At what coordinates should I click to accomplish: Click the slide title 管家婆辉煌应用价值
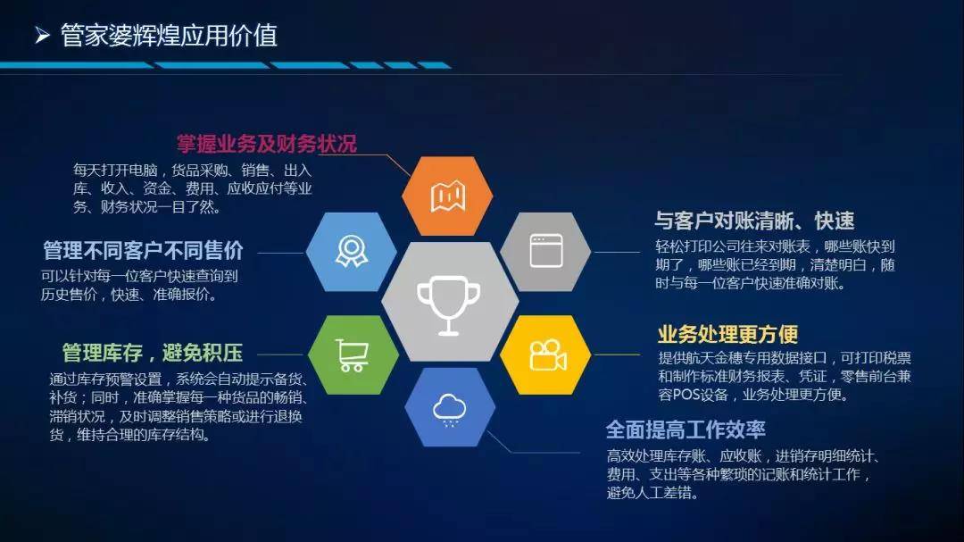pyautogui.click(x=169, y=35)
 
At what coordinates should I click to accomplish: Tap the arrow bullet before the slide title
pyautogui.click(x=41, y=36)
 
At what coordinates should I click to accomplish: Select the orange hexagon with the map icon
pyautogui.click(x=448, y=196)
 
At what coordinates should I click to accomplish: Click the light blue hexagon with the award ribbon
pyautogui.click(x=351, y=252)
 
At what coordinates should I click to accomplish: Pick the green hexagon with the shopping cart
pyautogui.click(x=352, y=354)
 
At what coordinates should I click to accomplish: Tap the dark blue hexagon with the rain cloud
pyautogui.click(x=449, y=408)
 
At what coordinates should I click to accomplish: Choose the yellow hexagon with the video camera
pyautogui.click(x=546, y=355)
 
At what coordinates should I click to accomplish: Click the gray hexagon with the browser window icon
pyautogui.click(x=545, y=251)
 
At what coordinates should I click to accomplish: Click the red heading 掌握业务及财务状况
pyautogui.click(x=267, y=144)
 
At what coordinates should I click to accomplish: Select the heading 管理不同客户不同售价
pyautogui.click(x=143, y=250)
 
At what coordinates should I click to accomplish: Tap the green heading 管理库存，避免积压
pyautogui.click(x=152, y=352)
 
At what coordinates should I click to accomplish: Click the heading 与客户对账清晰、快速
pyautogui.click(x=754, y=221)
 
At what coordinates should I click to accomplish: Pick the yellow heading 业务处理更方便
pyautogui.click(x=727, y=334)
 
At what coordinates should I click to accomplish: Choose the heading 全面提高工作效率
pyautogui.click(x=686, y=429)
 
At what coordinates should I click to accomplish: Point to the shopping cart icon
pyautogui.click(x=352, y=354)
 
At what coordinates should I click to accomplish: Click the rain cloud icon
pyautogui.click(x=449, y=409)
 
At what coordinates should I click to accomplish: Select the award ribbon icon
pyautogui.click(x=351, y=252)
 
